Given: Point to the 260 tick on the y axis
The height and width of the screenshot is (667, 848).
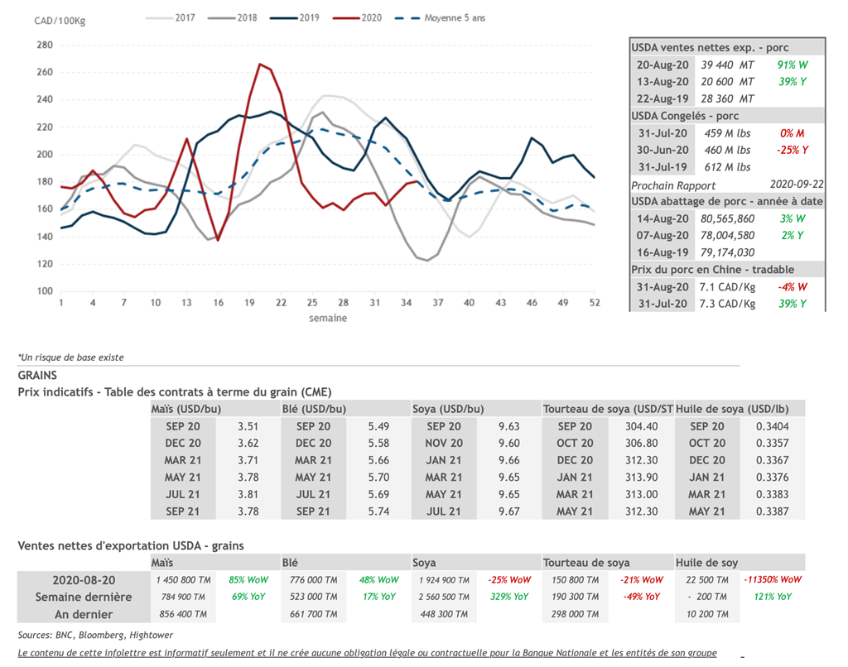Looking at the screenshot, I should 45,72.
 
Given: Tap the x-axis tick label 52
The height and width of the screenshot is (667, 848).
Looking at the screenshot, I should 594,303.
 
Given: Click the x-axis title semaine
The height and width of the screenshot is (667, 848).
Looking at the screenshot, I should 328,318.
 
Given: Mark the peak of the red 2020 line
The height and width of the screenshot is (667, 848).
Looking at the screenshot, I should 260,64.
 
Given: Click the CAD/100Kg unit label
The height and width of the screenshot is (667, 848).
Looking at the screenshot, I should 60,21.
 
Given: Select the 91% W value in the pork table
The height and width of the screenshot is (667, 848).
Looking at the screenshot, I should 792,65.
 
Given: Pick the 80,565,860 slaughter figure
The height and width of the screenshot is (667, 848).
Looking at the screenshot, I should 728,218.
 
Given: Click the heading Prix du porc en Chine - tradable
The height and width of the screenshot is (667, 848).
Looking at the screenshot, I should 712,269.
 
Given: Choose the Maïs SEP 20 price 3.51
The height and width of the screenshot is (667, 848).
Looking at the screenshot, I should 248,426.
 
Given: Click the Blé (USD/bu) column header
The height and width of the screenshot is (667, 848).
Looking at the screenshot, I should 314,409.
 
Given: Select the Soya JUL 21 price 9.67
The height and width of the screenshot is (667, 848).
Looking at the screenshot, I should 509,511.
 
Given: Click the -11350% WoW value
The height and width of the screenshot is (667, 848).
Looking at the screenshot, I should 773,580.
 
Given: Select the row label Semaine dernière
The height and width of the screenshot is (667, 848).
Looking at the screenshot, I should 84,597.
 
